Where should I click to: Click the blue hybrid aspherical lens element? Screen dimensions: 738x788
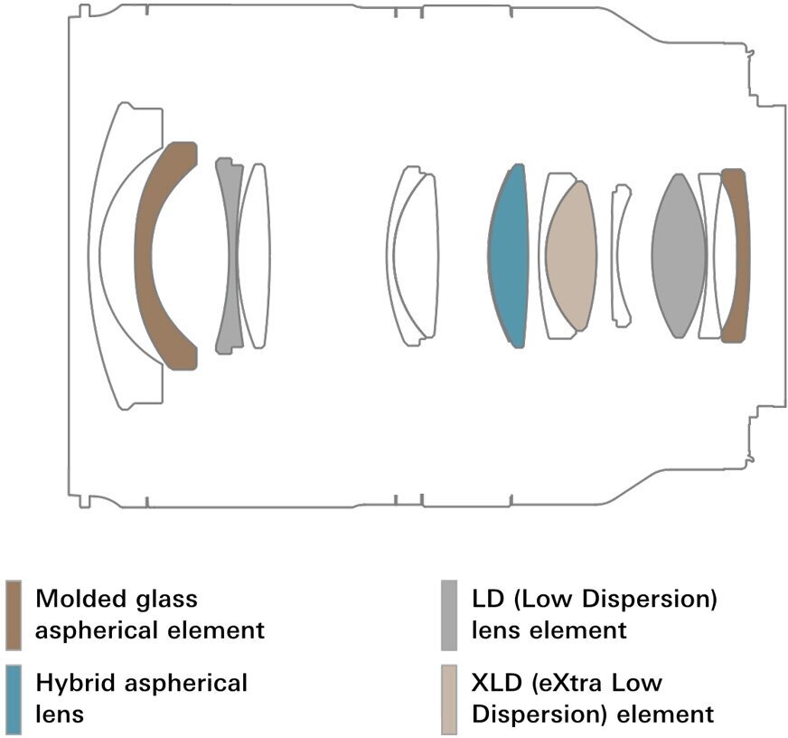(508, 256)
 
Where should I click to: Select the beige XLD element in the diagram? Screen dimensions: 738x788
(571, 256)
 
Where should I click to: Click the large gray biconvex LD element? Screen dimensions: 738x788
(678, 256)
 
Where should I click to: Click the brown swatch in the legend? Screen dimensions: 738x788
(14, 614)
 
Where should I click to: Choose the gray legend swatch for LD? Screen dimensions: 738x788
(449, 614)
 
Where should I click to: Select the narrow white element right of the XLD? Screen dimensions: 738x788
(620, 256)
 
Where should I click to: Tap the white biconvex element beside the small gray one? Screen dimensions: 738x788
(253, 256)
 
